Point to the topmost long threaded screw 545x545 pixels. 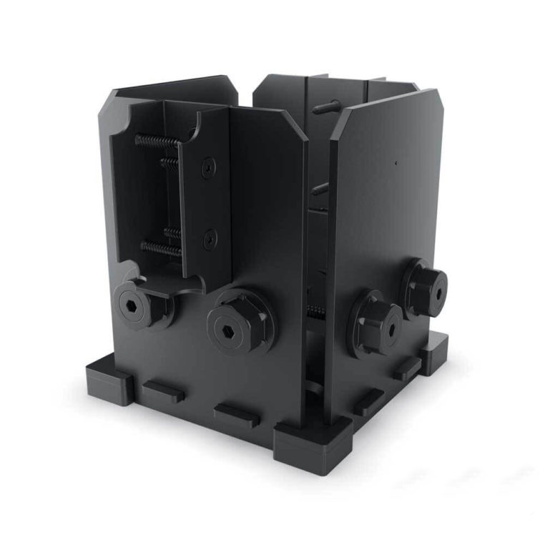click(157, 140)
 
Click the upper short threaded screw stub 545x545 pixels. click(170, 163)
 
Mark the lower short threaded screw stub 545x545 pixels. click(172, 231)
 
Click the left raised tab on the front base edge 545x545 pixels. click(163, 392)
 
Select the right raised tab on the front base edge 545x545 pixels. click(236, 415)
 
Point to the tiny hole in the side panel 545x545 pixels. click(396, 162)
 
